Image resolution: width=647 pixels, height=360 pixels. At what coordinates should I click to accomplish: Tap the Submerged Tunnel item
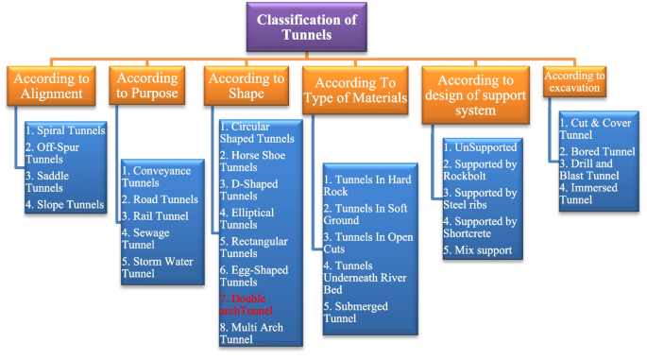tap(361, 312)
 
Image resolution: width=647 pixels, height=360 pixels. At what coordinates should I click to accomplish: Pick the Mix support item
tap(478, 250)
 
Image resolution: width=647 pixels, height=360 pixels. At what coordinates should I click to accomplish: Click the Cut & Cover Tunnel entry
tap(587, 129)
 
